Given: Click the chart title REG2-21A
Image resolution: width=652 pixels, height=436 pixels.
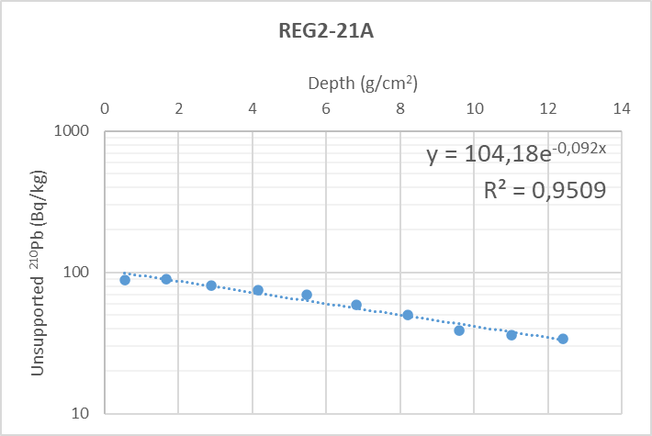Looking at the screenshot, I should tap(326, 29).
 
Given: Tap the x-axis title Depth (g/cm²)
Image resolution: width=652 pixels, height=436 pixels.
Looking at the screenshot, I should tap(363, 84).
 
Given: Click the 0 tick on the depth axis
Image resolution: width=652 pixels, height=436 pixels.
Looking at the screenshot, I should tap(105, 108).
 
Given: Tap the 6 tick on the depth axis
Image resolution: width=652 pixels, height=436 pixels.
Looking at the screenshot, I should tap(327, 108).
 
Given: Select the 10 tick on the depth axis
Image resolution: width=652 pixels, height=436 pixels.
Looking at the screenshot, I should tap(475, 108).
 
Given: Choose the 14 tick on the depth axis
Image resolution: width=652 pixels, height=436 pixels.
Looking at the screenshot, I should tap(622, 108).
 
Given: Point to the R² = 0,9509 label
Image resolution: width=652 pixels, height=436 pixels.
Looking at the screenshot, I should tap(544, 190).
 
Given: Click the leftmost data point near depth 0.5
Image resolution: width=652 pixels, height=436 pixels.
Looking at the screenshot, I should tap(125, 280).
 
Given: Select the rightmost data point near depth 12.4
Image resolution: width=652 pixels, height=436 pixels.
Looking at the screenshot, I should tap(563, 339).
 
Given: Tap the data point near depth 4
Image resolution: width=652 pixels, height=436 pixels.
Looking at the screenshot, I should tap(258, 290).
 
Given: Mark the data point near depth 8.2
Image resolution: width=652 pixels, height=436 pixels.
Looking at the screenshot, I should tap(408, 315).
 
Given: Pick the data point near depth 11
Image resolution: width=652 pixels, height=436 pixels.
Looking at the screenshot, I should tap(511, 335).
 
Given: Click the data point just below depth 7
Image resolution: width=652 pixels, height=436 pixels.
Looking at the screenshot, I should tap(356, 305).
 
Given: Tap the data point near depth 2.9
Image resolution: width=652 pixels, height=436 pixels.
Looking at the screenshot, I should tap(211, 285).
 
